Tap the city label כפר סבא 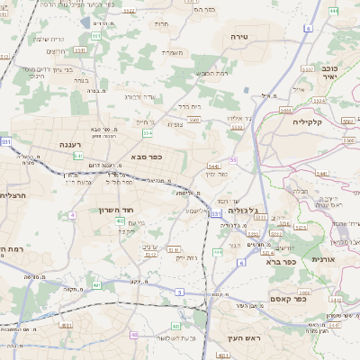click(x=145, y=157)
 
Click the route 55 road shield click(x=233, y=159)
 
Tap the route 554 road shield click(x=147, y=133)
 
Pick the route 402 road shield click(x=121, y=220)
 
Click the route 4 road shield click(x=72, y=215)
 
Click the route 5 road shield click(x=179, y=292)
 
